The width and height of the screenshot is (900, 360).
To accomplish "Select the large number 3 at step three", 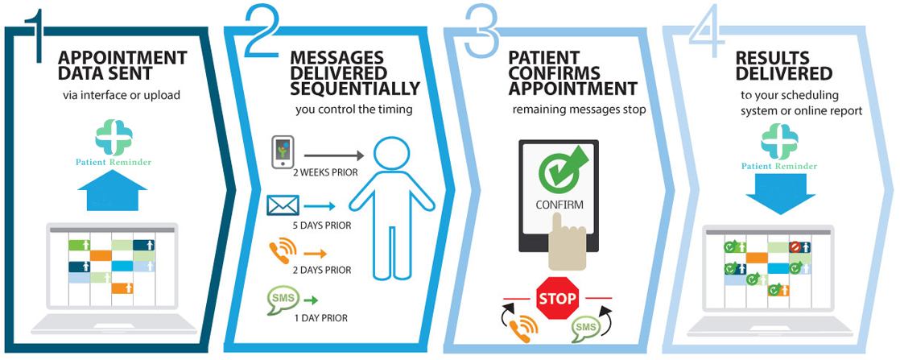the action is (483, 32).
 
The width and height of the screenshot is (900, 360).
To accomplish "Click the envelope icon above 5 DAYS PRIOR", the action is (283, 205).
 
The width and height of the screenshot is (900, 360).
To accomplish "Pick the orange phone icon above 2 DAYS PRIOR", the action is (283, 251).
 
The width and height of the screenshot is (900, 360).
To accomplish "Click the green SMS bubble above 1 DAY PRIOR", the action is (283, 299).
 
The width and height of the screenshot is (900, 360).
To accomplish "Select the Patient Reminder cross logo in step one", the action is (114, 137).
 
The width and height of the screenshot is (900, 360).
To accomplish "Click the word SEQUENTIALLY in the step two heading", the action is (356, 89).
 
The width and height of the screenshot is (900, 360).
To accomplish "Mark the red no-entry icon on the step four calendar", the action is (795, 247).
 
